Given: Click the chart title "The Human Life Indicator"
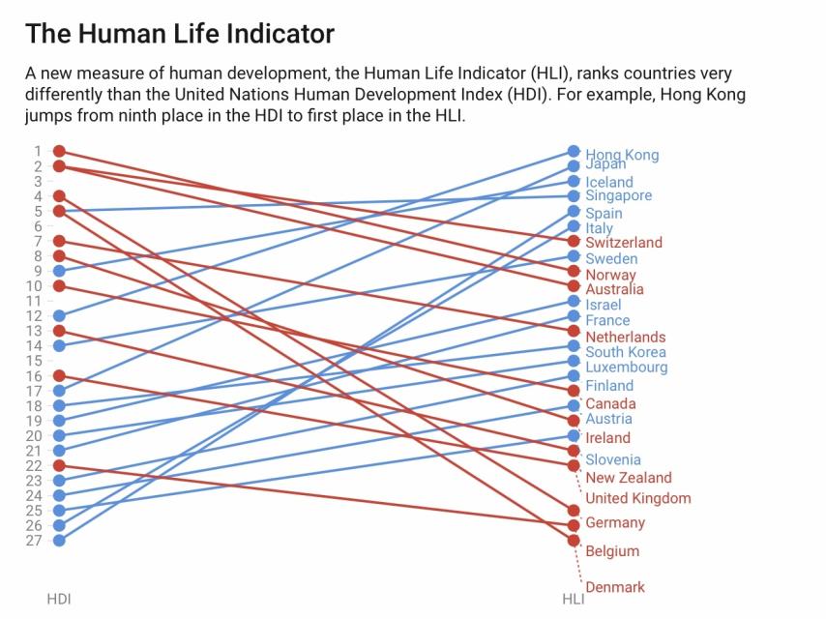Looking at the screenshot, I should pos(180,34).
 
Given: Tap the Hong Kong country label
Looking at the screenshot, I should pos(622,155).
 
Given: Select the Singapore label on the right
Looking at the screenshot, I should pos(618,195).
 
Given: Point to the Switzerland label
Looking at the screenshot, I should pos(624,243).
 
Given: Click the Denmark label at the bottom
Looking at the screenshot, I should pos(615,587).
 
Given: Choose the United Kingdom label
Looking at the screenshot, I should pos(638,498).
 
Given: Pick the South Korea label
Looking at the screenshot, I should pos(625,352).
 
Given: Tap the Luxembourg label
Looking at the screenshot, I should pos(626,368).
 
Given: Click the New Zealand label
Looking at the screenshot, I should pos(628,477).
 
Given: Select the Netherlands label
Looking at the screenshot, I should pos(625,337).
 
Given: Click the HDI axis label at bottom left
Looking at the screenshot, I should pos(59,599).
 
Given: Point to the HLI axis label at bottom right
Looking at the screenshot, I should pos(574,599).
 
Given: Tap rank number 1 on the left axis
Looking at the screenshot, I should pos(38,151).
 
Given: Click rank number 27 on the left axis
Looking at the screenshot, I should pos(34,540).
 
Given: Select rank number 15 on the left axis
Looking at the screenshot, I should pos(34,361).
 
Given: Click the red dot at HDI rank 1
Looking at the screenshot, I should pos(59,151).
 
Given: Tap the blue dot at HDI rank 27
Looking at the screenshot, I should pos(59,540).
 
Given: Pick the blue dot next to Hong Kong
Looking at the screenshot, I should pos(574,151).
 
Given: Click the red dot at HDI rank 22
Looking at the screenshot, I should pos(59,465).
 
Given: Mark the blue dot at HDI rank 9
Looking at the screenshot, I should pos(59,271).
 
